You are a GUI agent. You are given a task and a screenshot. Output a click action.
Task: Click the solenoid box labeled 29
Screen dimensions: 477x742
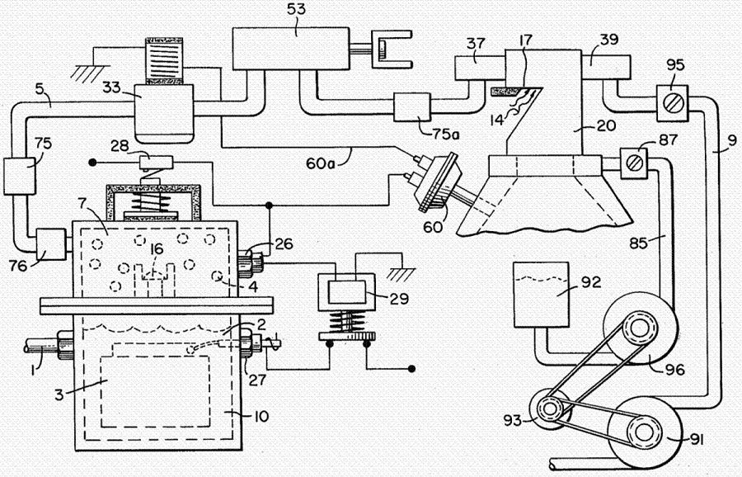click(345, 295)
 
